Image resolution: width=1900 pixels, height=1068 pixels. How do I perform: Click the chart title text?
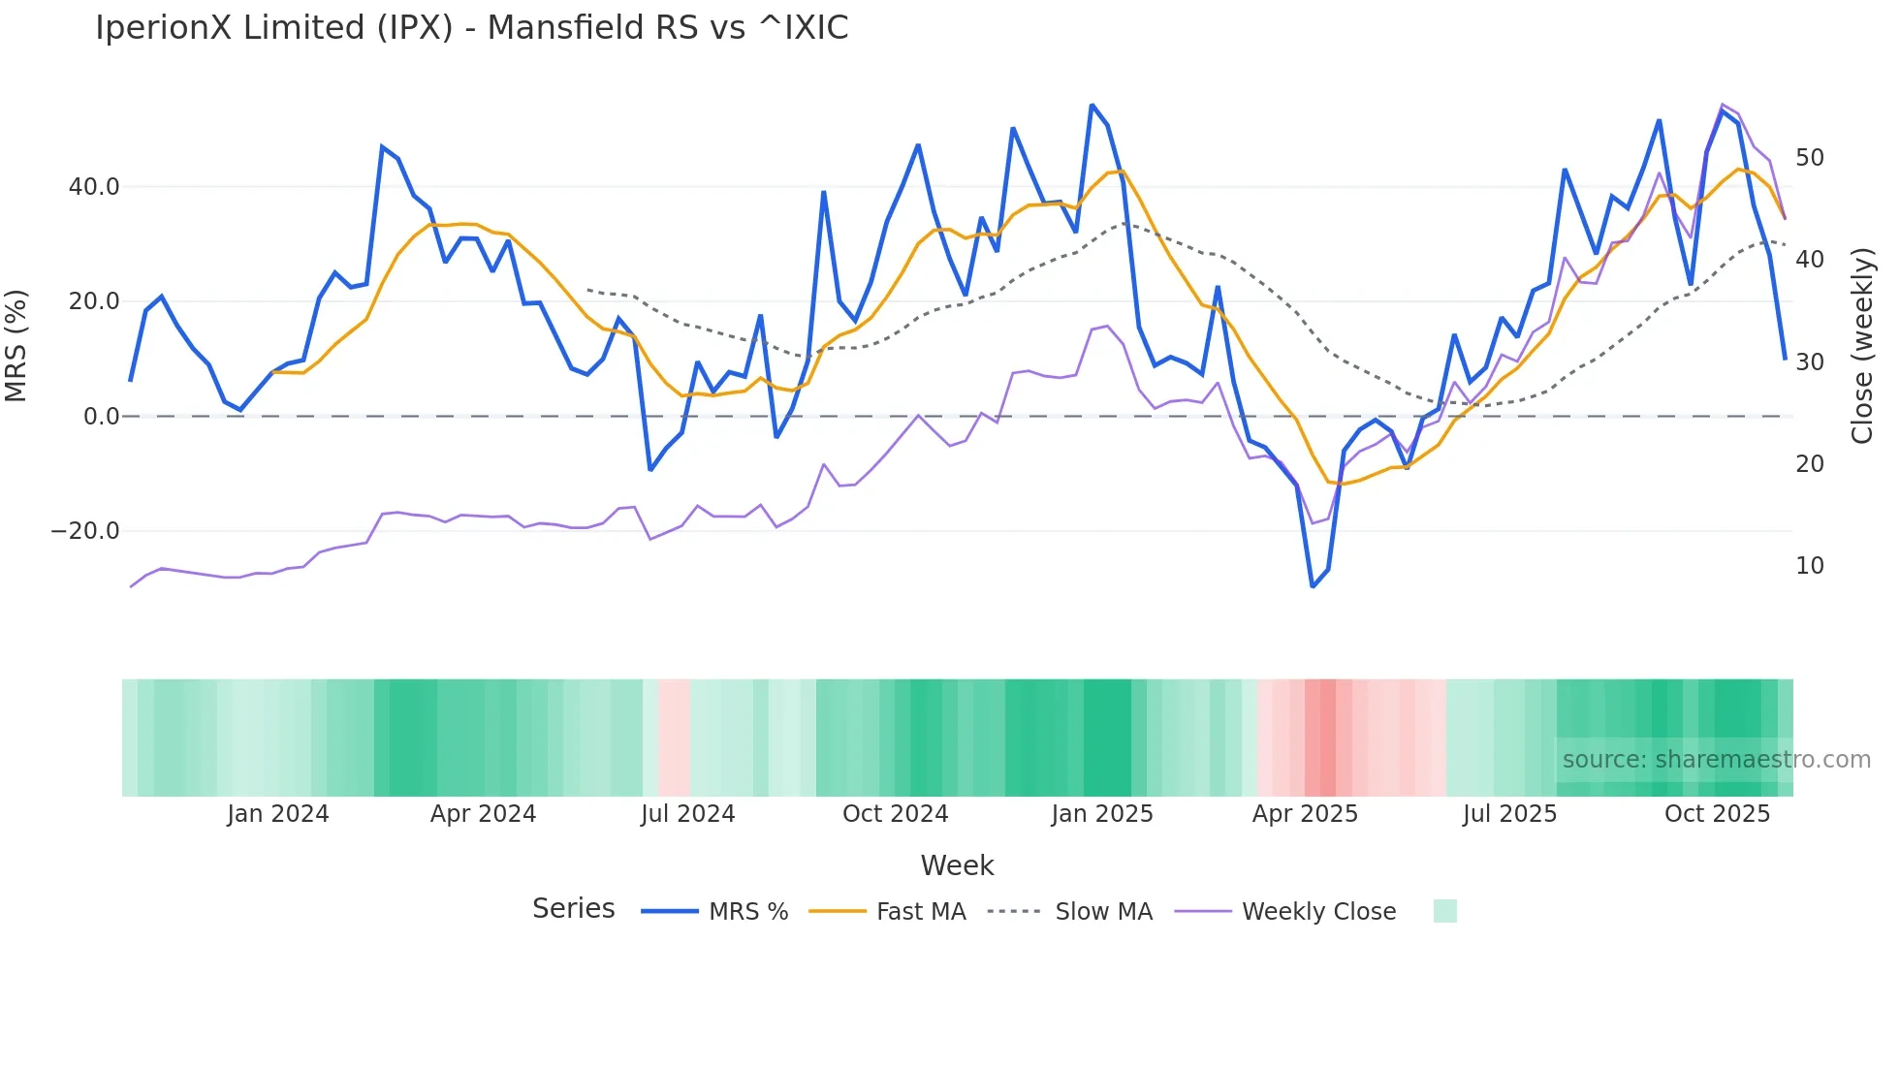(x=471, y=28)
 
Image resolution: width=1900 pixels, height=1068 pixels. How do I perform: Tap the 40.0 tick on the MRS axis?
(x=94, y=186)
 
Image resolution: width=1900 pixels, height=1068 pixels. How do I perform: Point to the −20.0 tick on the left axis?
(x=86, y=531)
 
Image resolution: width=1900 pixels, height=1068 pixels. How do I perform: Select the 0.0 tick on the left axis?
(x=101, y=417)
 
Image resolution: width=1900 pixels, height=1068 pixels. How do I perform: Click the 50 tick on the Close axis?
(x=1809, y=158)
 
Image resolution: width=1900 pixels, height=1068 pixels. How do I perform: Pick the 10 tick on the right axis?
(x=1809, y=566)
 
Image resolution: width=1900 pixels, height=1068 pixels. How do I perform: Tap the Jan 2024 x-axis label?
(x=278, y=814)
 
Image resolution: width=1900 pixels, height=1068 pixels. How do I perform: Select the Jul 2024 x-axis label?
(x=687, y=814)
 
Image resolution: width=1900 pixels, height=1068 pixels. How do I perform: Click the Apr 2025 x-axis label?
(x=1305, y=814)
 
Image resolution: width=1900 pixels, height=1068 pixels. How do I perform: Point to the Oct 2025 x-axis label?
(x=1717, y=814)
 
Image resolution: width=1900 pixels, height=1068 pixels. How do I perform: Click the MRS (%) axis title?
(x=16, y=345)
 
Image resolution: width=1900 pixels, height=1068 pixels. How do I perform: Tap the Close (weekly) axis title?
(x=1861, y=346)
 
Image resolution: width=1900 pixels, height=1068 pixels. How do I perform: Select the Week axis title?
(x=957, y=865)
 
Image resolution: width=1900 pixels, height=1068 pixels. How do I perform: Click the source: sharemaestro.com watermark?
(x=1716, y=760)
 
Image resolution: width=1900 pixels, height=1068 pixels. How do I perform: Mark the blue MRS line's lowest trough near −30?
(x=1313, y=586)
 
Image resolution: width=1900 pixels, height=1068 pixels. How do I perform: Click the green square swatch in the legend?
(x=1444, y=911)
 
